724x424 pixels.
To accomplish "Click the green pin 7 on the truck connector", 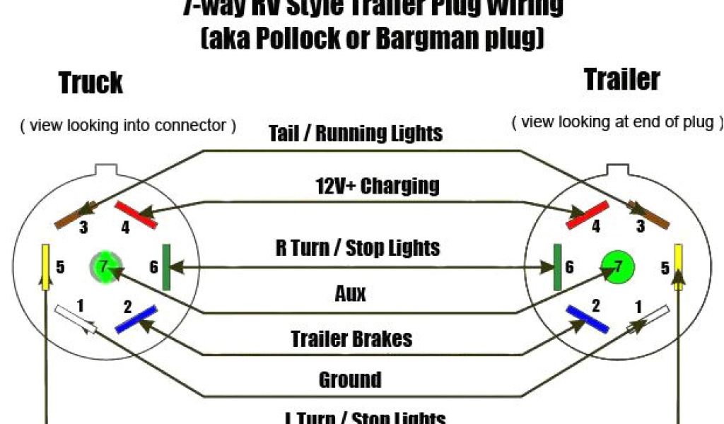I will pos(104,267).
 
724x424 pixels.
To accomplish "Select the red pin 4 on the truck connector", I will pos(136,213).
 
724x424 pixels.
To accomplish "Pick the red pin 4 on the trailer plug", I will pos(588,214).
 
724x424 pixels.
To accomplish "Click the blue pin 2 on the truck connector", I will pos(136,319).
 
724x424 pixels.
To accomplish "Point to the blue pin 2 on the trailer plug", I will pos(587,319).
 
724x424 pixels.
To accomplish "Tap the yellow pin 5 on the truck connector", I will pos(45,268).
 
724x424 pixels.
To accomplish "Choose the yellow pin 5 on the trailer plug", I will pos(678,268).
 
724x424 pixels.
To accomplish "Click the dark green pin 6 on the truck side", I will pos(167,267).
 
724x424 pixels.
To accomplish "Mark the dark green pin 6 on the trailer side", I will pos(557,267).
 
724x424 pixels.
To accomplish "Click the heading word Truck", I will pos(90,83).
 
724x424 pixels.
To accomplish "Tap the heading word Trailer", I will pos(621,79).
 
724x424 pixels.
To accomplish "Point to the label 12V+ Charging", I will pos(377,186).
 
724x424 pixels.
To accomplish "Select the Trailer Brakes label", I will pos(351,338).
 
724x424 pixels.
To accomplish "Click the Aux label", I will pos(350,293).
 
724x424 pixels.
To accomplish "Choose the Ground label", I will pos(350,380).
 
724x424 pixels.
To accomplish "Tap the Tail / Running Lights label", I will pos(356,133).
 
